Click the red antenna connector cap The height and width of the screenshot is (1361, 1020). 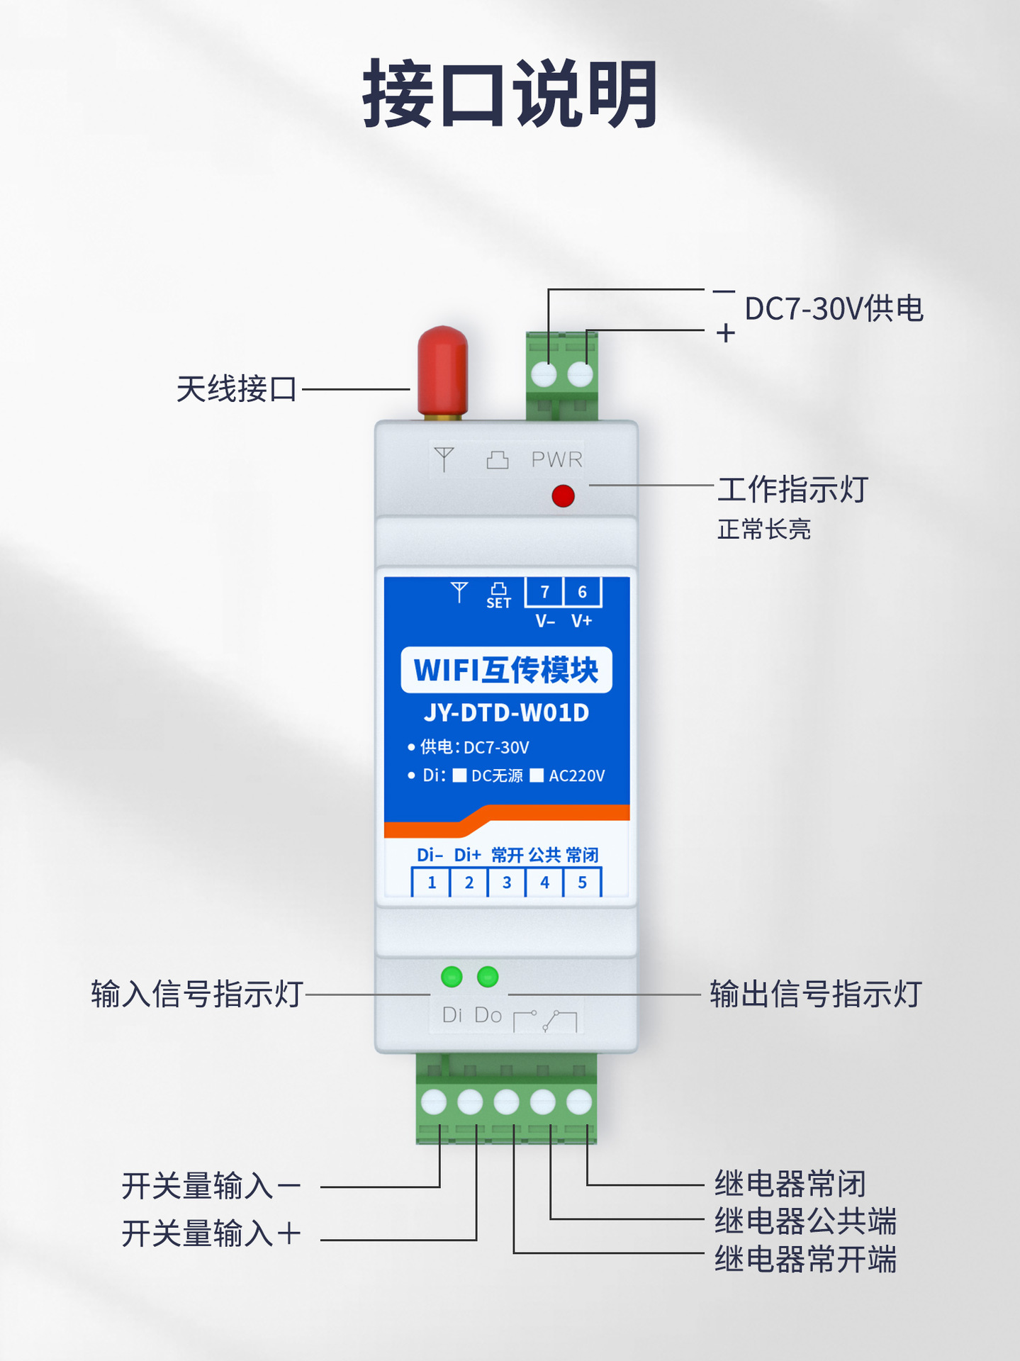pyautogui.click(x=442, y=371)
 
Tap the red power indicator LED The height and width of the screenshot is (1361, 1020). pyautogui.click(x=563, y=495)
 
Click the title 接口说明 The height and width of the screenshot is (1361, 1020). pyautogui.click(x=510, y=94)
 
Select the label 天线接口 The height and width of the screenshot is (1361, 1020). pyautogui.click(x=236, y=389)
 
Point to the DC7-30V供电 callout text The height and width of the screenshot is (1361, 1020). pyautogui.click(x=834, y=309)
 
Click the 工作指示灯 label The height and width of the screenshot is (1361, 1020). pyautogui.click(x=792, y=490)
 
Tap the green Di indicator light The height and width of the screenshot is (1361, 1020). pyautogui.click(x=452, y=977)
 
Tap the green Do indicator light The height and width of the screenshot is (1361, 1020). pyautogui.click(x=488, y=977)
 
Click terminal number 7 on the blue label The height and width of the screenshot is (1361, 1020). pyautogui.click(x=544, y=592)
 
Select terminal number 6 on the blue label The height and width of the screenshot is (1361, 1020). pyautogui.click(x=582, y=592)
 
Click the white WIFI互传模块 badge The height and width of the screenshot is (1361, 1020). pyautogui.click(x=506, y=670)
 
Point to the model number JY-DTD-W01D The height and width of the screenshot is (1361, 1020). pyautogui.click(x=506, y=712)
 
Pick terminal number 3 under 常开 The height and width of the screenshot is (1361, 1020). pyautogui.click(x=507, y=883)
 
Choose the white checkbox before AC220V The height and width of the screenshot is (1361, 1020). pyautogui.click(x=537, y=775)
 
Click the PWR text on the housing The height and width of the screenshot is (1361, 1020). pyautogui.click(x=556, y=459)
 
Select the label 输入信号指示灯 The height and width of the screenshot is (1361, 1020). pyautogui.click(x=197, y=994)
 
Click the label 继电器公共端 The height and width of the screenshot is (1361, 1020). pyautogui.click(x=805, y=1221)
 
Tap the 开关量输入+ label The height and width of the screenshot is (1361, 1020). pyautogui.click(x=211, y=1233)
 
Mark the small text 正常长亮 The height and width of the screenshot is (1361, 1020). pyautogui.click(x=763, y=529)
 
